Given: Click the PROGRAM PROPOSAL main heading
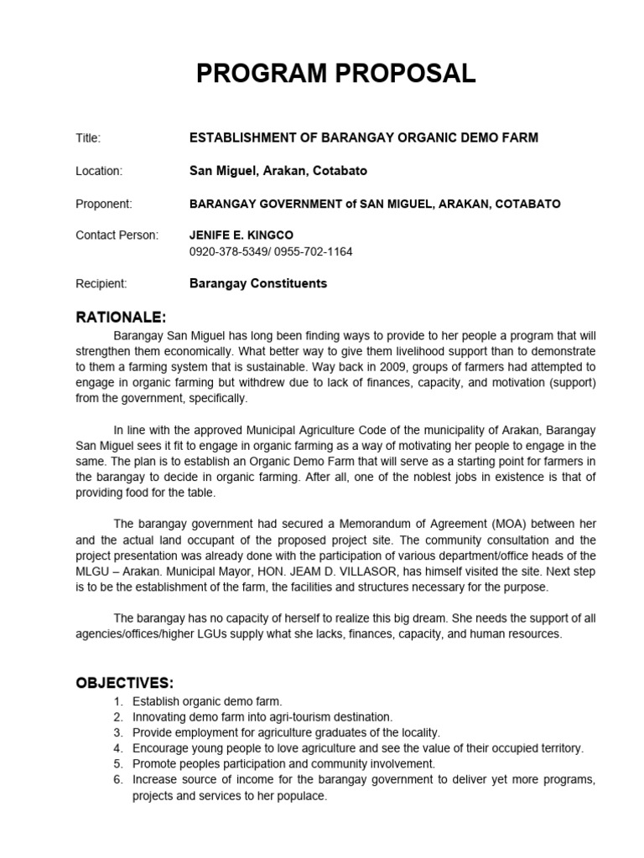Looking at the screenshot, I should [x=335, y=75].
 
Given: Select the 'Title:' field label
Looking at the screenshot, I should [x=88, y=138].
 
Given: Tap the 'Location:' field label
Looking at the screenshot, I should [x=99, y=171].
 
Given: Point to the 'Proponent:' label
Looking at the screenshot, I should [x=104, y=204].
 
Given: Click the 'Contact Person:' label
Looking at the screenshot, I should [x=117, y=235].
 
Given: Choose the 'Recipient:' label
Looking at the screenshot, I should [x=101, y=283].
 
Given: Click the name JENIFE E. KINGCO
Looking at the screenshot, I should [x=241, y=235].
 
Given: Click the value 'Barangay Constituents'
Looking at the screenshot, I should [x=258, y=283].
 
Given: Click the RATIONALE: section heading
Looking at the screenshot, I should [x=122, y=318].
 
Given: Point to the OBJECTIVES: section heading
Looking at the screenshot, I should [x=125, y=682].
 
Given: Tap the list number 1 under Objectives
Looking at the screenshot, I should [x=118, y=701].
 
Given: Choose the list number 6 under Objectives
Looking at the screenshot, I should [x=118, y=780].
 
